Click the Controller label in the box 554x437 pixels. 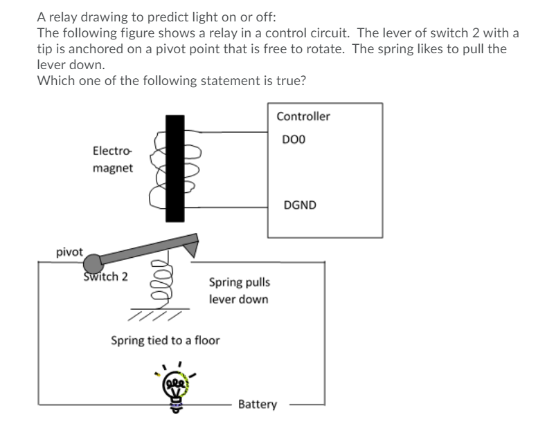[x=303, y=116]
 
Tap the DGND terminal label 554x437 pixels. [x=301, y=205]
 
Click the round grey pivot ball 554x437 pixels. [x=93, y=261]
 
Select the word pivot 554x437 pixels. [x=69, y=251]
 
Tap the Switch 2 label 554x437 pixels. [x=105, y=277]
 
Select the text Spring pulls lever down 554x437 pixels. [x=239, y=291]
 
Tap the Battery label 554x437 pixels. [x=257, y=405]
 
